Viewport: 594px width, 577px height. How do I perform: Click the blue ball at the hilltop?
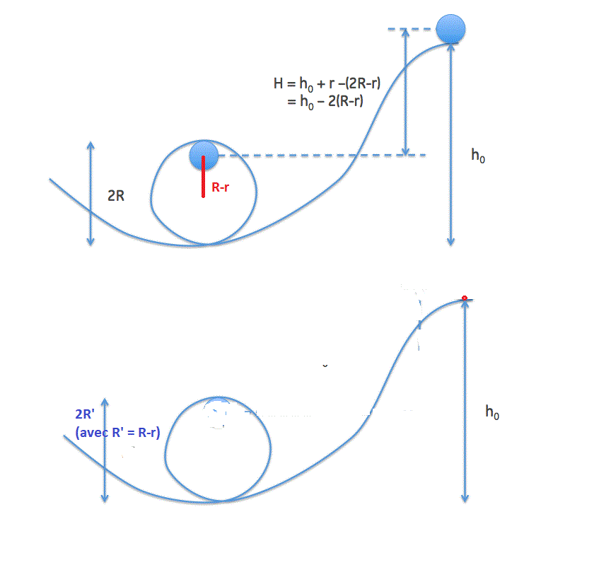coord(450,29)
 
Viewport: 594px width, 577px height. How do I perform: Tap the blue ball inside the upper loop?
coord(203,156)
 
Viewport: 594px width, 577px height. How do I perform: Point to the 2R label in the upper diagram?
coord(116,196)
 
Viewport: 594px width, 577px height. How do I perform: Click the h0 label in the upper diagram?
coord(479,156)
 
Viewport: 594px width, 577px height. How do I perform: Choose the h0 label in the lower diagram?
coord(492,412)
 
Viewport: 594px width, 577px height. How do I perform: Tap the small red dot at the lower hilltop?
coord(465,298)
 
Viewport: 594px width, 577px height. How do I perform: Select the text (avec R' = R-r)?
coord(117,431)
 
